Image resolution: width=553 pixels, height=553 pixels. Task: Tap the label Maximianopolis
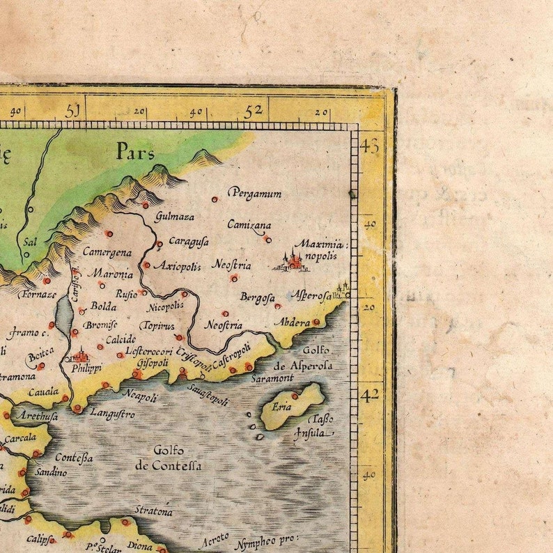pos(320,249)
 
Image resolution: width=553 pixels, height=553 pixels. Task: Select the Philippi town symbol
pos(81,356)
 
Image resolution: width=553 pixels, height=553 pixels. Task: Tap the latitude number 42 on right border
pos(370,394)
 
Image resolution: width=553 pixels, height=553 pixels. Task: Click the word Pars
pos(135,151)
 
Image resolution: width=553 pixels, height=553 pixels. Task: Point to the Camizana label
pos(249,224)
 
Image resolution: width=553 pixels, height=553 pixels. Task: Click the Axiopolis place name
pos(177,266)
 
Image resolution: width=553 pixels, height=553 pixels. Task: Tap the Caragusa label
pos(188,241)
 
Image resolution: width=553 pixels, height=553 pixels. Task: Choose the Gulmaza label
pos(174,216)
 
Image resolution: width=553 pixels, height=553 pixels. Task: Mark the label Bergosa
pos(257,297)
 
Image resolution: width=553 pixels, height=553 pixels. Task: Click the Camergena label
pos(107,251)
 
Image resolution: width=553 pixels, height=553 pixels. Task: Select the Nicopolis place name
pos(166,306)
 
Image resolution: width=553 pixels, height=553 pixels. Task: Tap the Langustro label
pos(112,414)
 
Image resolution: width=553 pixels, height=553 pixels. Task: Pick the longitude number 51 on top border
pos(73,110)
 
